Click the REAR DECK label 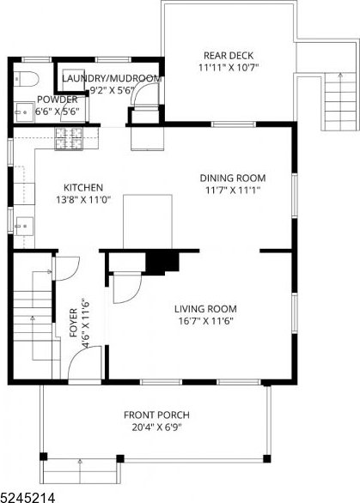[x=229, y=56]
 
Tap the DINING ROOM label [x=233, y=178]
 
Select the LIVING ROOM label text [x=205, y=309]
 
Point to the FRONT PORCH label [x=156, y=415]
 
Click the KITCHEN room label [x=83, y=187]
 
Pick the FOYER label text [x=74, y=323]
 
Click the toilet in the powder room [x=27, y=79]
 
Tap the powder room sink [x=24, y=112]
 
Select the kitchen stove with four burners [x=69, y=138]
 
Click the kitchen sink [x=24, y=227]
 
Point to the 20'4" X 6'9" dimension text [x=157, y=427]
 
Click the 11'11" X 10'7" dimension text [x=229, y=68]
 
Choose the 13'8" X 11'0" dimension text [x=83, y=200]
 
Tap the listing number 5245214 [x=27, y=498]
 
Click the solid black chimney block [x=162, y=263]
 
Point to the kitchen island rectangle [x=148, y=221]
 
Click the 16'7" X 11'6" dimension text [x=206, y=321]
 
